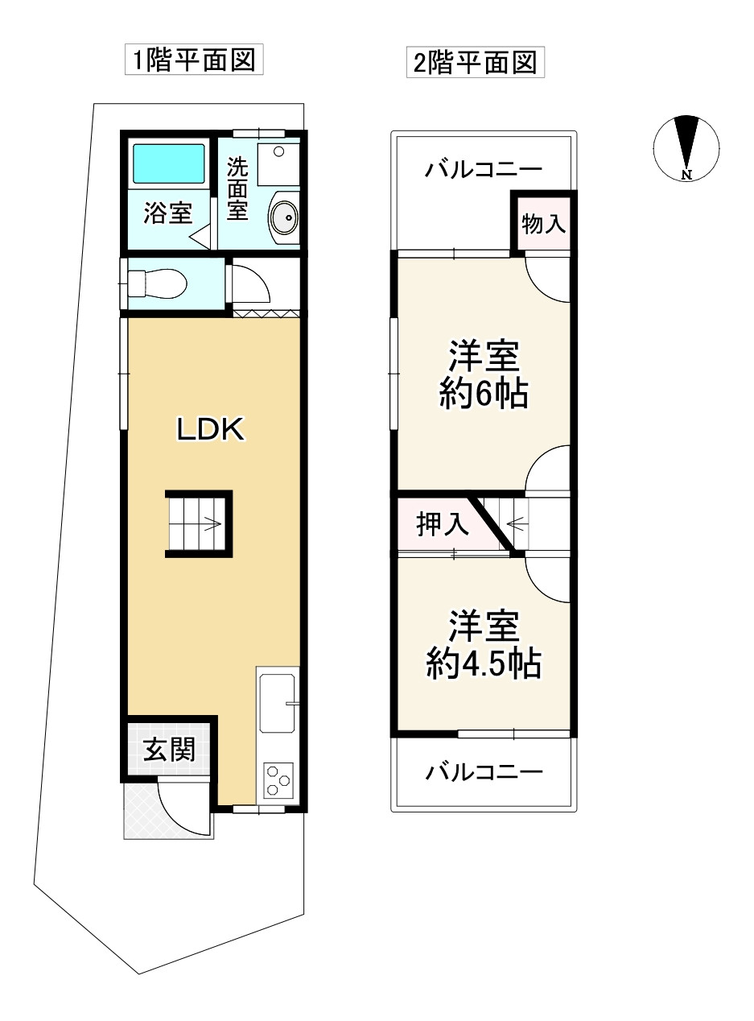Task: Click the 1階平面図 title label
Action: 194,60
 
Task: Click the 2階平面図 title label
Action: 476,63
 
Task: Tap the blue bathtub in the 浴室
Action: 169,163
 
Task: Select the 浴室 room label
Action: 168,213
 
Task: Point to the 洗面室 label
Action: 237,188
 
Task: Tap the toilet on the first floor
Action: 156,283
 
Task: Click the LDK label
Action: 211,429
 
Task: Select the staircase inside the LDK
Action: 199,524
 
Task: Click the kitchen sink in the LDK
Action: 278,703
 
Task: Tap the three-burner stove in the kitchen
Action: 278,780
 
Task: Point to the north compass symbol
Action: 686,148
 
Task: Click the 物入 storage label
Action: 543,224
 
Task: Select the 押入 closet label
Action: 442,524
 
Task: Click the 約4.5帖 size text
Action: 484,663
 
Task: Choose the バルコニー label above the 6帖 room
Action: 483,169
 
